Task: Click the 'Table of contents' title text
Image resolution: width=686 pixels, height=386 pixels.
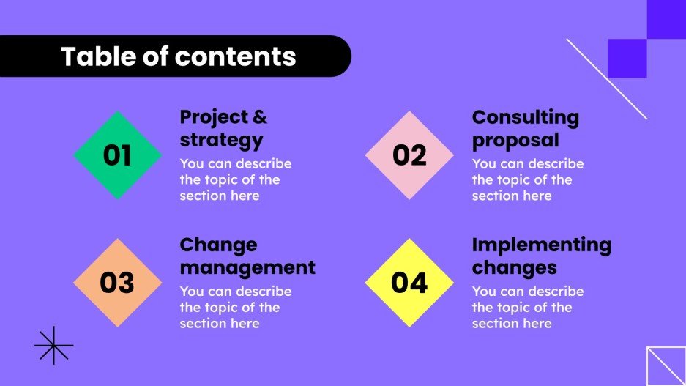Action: pyautogui.click(x=178, y=56)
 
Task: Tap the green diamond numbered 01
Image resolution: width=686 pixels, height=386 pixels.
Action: pyautogui.click(x=117, y=155)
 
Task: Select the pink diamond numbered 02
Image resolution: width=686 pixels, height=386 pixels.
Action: pyautogui.click(x=409, y=155)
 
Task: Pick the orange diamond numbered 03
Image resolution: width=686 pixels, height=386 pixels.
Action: pyautogui.click(x=117, y=283)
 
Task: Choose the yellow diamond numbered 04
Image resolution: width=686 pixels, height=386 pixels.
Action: pyautogui.click(x=409, y=283)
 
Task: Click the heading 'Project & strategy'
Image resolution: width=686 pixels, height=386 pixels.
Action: pyautogui.click(x=223, y=128)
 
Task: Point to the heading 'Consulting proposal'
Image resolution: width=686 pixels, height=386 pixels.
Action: pyautogui.click(x=525, y=128)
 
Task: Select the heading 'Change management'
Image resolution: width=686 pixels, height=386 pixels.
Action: pyautogui.click(x=247, y=256)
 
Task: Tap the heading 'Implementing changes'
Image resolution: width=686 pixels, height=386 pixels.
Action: pyautogui.click(x=541, y=256)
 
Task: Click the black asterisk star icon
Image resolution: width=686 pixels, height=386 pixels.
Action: pyautogui.click(x=54, y=345)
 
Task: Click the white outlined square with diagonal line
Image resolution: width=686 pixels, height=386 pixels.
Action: pyautogui.click(x=666, y=365)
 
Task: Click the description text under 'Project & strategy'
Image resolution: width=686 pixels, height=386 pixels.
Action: pyautogui.click(x=235, y=179)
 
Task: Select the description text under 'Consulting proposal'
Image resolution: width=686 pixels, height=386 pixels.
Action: pyautogui.click(x=527, y=179)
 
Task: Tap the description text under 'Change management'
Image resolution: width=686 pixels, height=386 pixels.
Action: pyautogui.click(x=235, y=307)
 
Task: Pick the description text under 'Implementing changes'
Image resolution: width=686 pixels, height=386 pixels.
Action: pyautogui.click(x=527, y=307)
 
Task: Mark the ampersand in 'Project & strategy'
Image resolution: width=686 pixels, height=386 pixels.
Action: pyautogui.click(x=259, y=117)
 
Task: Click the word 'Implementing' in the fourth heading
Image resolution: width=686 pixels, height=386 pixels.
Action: pyautogui.click(x=541, y=245)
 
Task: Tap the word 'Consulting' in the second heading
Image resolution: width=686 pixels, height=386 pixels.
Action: pyautogui.click(x=525, y=117)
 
